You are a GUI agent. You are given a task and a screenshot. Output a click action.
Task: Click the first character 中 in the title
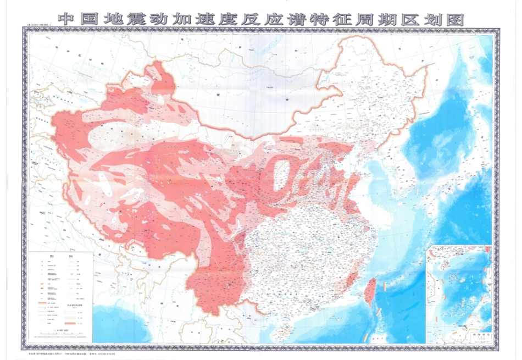66,19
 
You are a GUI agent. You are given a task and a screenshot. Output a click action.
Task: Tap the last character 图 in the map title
456,19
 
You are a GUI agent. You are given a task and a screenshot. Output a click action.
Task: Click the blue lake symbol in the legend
74,273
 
